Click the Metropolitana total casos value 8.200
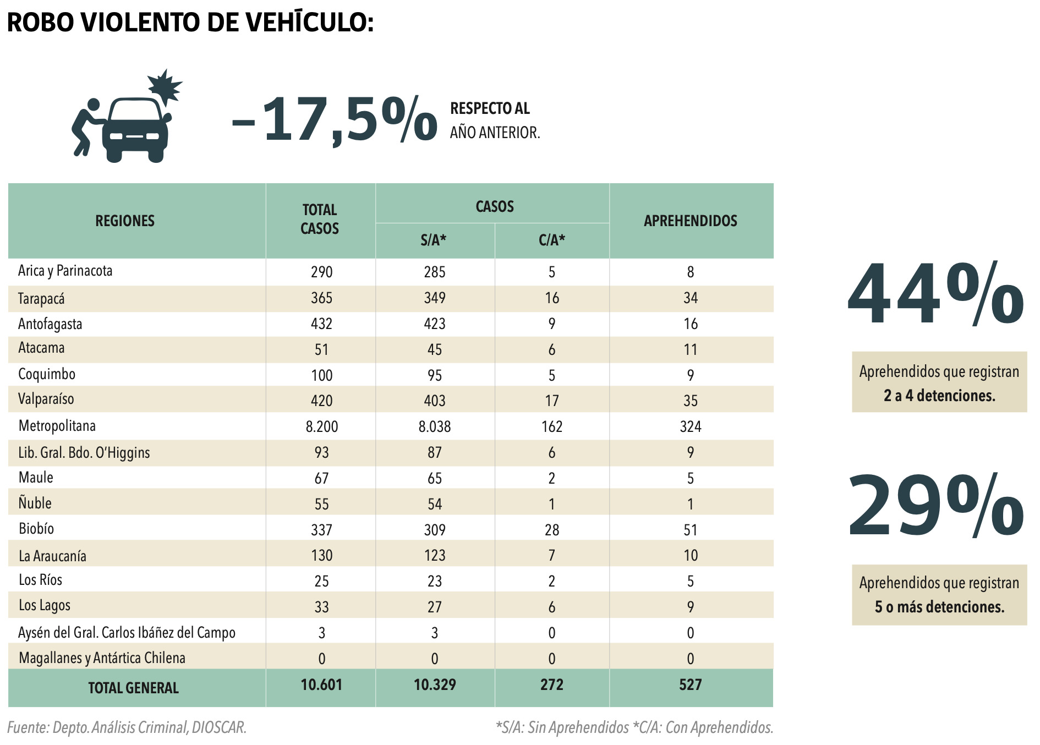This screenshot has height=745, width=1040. tap(321, 426)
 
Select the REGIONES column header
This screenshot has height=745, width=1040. tap(125, 221)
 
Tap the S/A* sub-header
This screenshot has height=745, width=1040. tap(434, 240)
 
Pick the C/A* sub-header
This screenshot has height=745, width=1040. tap(552, 240)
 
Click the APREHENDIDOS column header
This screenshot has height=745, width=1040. tap(691, 221)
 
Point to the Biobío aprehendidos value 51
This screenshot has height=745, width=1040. tap(691, 530)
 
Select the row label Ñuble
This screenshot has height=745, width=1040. tap(35, 503)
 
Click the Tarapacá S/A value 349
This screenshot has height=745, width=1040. tap(435, 298)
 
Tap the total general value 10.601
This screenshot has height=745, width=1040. tap(321, 685)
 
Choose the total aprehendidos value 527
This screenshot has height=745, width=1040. tap(691, 685)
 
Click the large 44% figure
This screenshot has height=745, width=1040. tap(935, 295)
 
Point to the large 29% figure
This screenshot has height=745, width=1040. tap(935, 506)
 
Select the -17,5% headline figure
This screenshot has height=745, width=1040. tap(335, 120)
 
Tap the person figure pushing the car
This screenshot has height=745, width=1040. tap(87, 127)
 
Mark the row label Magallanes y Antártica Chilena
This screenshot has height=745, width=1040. tap(102, 658)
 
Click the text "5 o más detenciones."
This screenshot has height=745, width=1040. tap(939, 607)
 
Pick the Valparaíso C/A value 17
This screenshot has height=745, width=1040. tap(552, 401)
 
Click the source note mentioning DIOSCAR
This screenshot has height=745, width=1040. tap(127, 727)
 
